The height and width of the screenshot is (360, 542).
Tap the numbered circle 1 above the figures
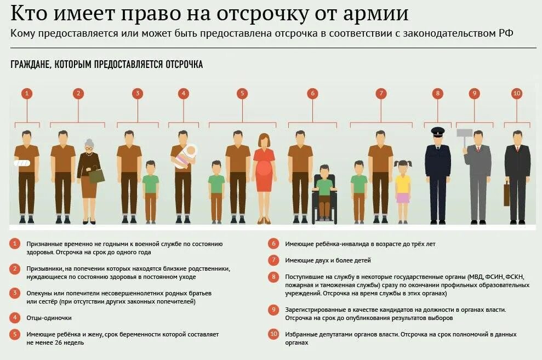[x=27, y=94]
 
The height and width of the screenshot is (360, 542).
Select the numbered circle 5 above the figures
[x=242, y=94]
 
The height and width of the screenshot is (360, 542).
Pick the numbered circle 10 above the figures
[x=516, y=94]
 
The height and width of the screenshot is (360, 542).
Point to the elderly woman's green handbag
[x=96, y=175]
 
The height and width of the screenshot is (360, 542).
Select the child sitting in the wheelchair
[x=324, y=189]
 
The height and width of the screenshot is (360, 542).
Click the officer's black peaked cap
[x=437, y=132]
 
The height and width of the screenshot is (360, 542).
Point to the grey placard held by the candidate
[x=464, y=133]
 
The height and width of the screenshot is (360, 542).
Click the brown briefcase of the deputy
[x=506, y=195]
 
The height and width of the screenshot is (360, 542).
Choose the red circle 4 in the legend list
[x=15, y=318]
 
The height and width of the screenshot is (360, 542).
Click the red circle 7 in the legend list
[x=273, y=260]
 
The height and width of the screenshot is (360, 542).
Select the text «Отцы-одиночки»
[x=49, y=318]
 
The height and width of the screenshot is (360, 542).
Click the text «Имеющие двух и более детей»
[x=328, y=260]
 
